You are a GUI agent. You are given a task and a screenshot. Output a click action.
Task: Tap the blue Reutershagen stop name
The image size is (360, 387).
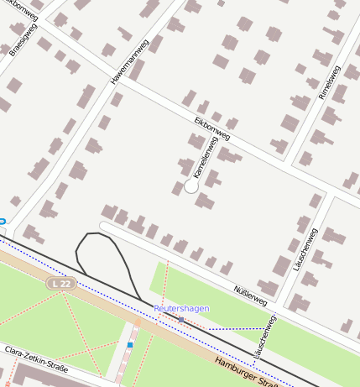181,309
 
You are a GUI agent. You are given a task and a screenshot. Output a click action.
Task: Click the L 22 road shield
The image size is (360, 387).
59,285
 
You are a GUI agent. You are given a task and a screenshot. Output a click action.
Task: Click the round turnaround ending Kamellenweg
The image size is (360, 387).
191,186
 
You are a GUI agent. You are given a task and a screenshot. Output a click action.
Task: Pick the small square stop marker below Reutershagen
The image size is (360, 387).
180,320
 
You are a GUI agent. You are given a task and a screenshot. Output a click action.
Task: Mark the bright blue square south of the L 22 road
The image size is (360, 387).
130,344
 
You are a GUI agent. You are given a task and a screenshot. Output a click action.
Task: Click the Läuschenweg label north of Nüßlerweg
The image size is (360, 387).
304,248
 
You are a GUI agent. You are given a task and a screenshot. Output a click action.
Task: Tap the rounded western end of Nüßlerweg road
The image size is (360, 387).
104,226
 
